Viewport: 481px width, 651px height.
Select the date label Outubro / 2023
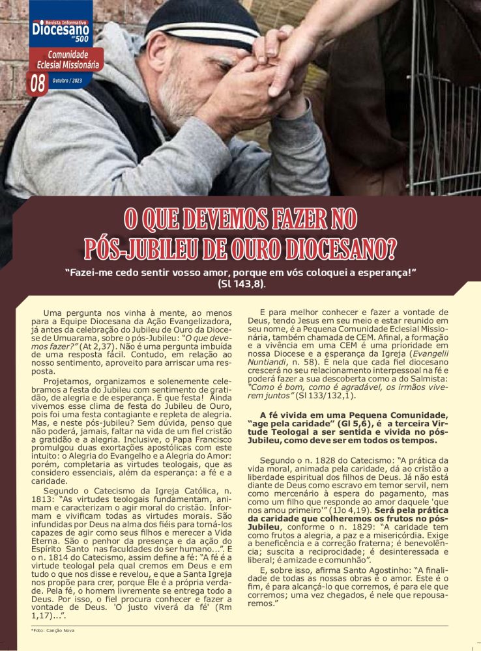pos(68,81)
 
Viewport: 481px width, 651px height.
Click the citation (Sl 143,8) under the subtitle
pos(242,284)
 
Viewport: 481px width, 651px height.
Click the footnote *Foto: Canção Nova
pos(53,631)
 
